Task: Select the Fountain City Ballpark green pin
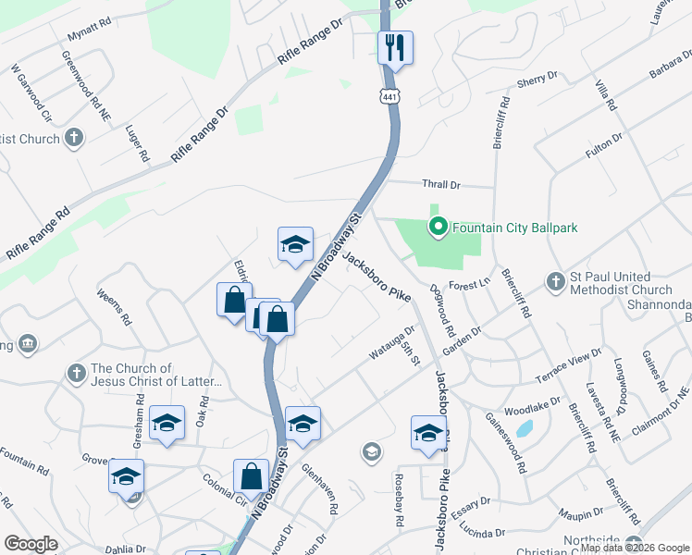click(437, 225)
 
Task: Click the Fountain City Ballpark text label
click(514, 225)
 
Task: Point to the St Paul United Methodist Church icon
click(555, 280)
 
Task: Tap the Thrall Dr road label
click(440, 185)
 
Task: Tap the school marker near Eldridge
click(295, 245)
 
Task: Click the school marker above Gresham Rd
click(167, 424)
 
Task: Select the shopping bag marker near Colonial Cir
click(251, 477)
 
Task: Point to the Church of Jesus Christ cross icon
click(76, 374)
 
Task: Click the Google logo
click(31, 544)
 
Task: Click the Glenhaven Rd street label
click(318, 490)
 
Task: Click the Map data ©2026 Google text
click(635, 549)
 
